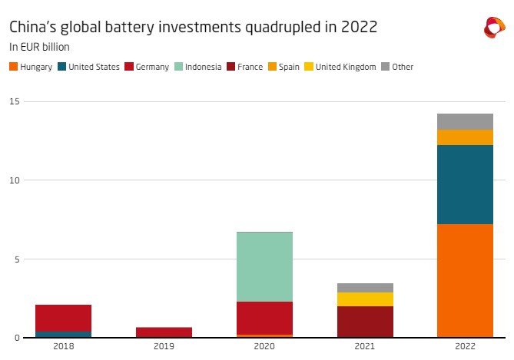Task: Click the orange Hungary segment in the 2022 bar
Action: pos(465,280)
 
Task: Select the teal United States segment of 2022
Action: pos(465,184)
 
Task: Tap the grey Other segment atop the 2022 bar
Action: pos(465,121)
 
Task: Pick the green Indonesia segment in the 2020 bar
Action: pos(264,266)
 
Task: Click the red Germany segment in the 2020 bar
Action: pos(264,318)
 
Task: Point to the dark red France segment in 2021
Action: pos(365,322)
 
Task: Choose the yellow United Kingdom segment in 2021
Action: pos(365,299)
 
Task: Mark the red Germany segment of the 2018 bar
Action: pos(63,318)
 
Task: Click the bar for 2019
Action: pos(164,332)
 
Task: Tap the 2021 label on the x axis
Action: pos(365,348)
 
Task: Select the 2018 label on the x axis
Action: pos(63,348)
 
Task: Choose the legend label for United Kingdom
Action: pos(347,67)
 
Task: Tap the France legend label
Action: pos(250,67)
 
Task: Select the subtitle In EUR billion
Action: pos(39,47)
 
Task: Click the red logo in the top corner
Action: pos(493,28)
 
